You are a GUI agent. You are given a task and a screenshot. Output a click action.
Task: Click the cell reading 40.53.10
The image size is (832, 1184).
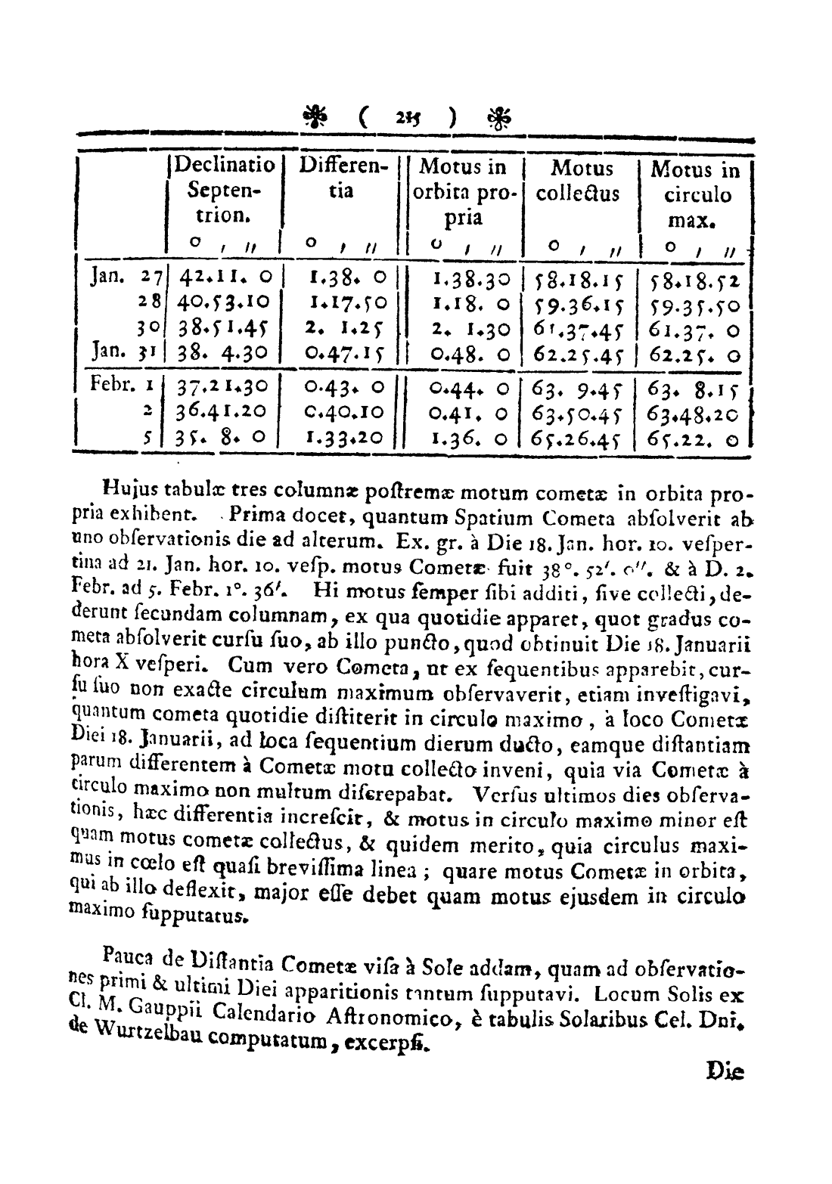(x=224, y=305)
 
